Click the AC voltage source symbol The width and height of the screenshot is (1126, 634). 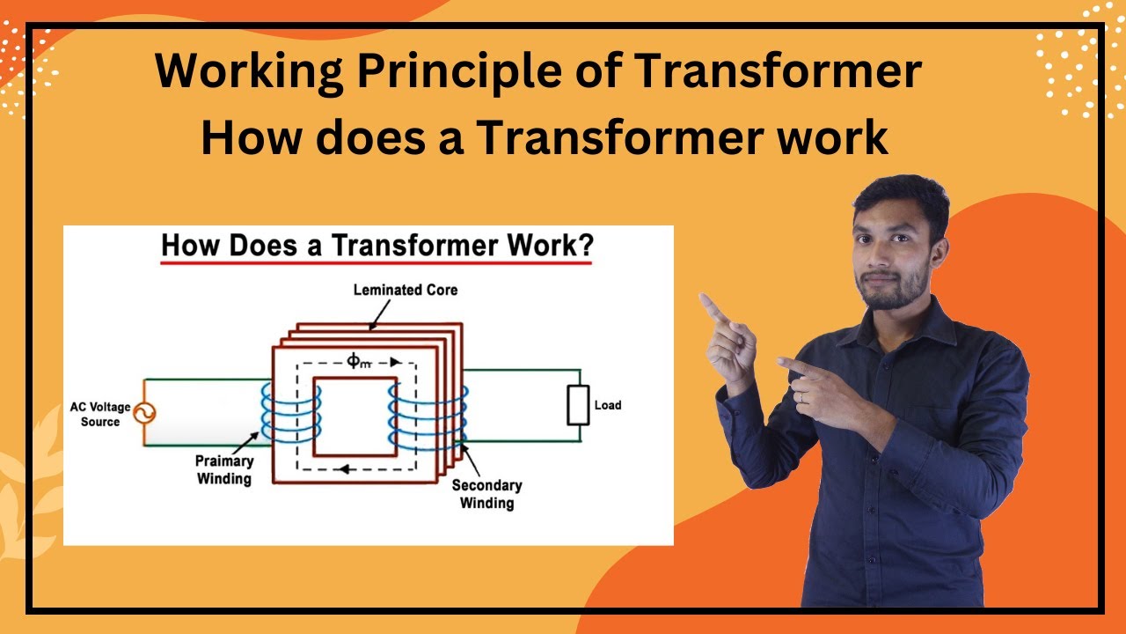click(141, 412)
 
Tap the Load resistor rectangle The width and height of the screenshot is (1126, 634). click(577, 405)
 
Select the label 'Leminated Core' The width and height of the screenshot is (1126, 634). click(405, 289)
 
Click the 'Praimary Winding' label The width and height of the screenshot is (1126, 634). click(225, 470)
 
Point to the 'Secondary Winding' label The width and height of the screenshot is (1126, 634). click(486, 494)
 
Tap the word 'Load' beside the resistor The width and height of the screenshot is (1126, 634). click(608, 405)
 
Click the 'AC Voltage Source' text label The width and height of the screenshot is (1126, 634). click(99, 415)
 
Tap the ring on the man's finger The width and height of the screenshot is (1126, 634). click(800, 397)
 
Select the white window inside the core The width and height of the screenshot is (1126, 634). click(355, 416)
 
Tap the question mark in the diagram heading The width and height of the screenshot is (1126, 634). click(583, 246)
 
